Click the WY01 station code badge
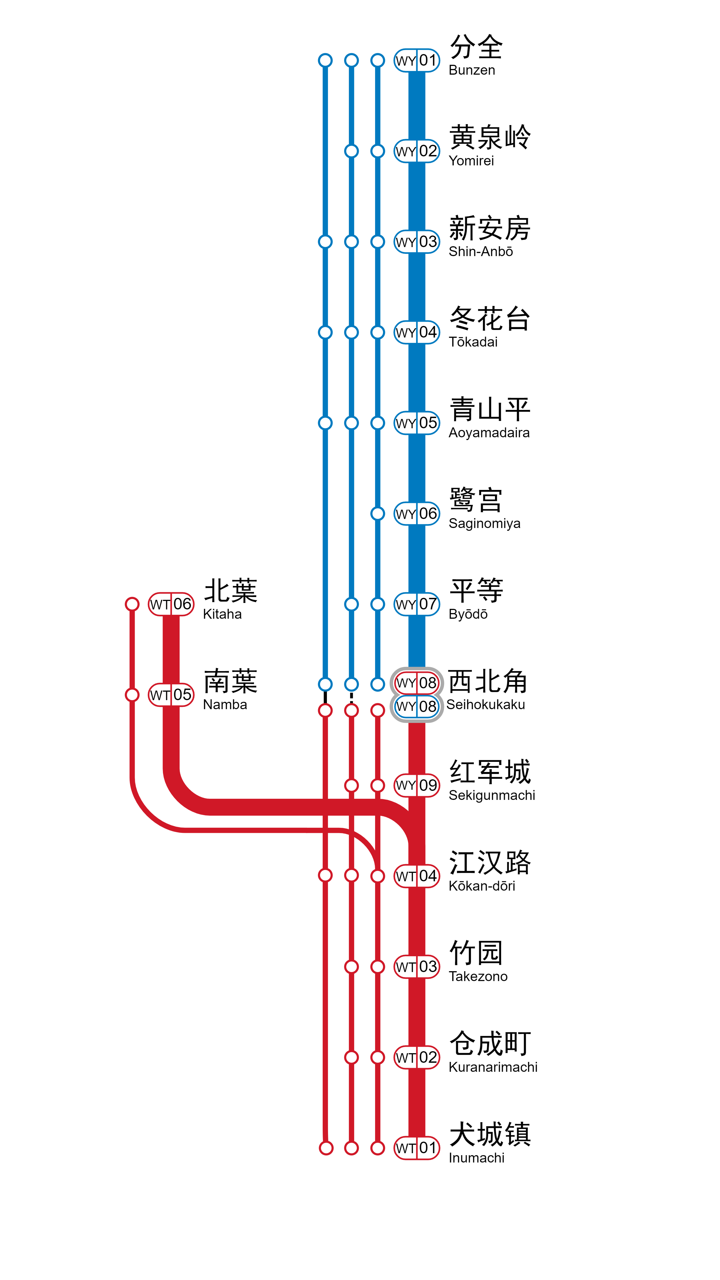pos(417,61)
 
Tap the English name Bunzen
pos(471,70)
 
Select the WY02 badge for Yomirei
pos(417,151)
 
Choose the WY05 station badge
pos(417,423)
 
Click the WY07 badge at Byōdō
pos(417,604)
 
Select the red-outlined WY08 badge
pos(417,683)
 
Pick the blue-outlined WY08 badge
pos(417,706)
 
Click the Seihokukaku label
pos(486,705)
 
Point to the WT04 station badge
pos(417,876)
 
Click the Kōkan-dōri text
pos(482,886)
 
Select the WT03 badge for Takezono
pos(417,966)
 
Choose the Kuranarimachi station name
pos(492,1067)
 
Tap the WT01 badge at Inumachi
pos(417,1148)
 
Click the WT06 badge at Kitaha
pos(171,604)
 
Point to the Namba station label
pos(225,705)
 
